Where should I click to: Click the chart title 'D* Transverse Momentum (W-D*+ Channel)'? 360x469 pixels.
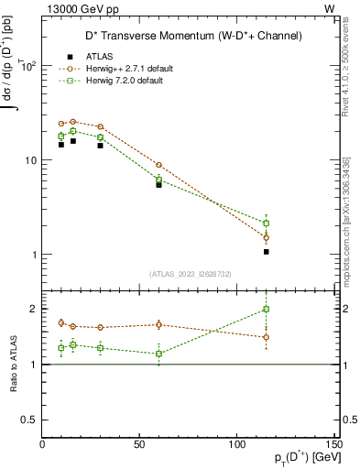[x=190, y=36]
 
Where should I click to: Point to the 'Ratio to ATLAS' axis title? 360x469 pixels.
[x=14, y=364]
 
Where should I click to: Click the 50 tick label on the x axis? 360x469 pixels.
[x=139, y=443]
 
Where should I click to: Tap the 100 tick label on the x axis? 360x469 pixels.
[x=237, y=443]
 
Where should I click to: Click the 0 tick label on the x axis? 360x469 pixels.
[x=42, y=443]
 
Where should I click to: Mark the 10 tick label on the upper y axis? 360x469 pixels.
[x=27, y=160]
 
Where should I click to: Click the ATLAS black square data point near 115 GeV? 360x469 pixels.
[x=267, y=251]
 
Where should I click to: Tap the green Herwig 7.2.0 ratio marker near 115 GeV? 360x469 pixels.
[x=267, y=310]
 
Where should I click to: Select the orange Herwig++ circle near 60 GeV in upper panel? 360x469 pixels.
[x=159, y=165]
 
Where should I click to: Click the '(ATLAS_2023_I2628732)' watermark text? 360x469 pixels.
[x=190, y=272]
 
